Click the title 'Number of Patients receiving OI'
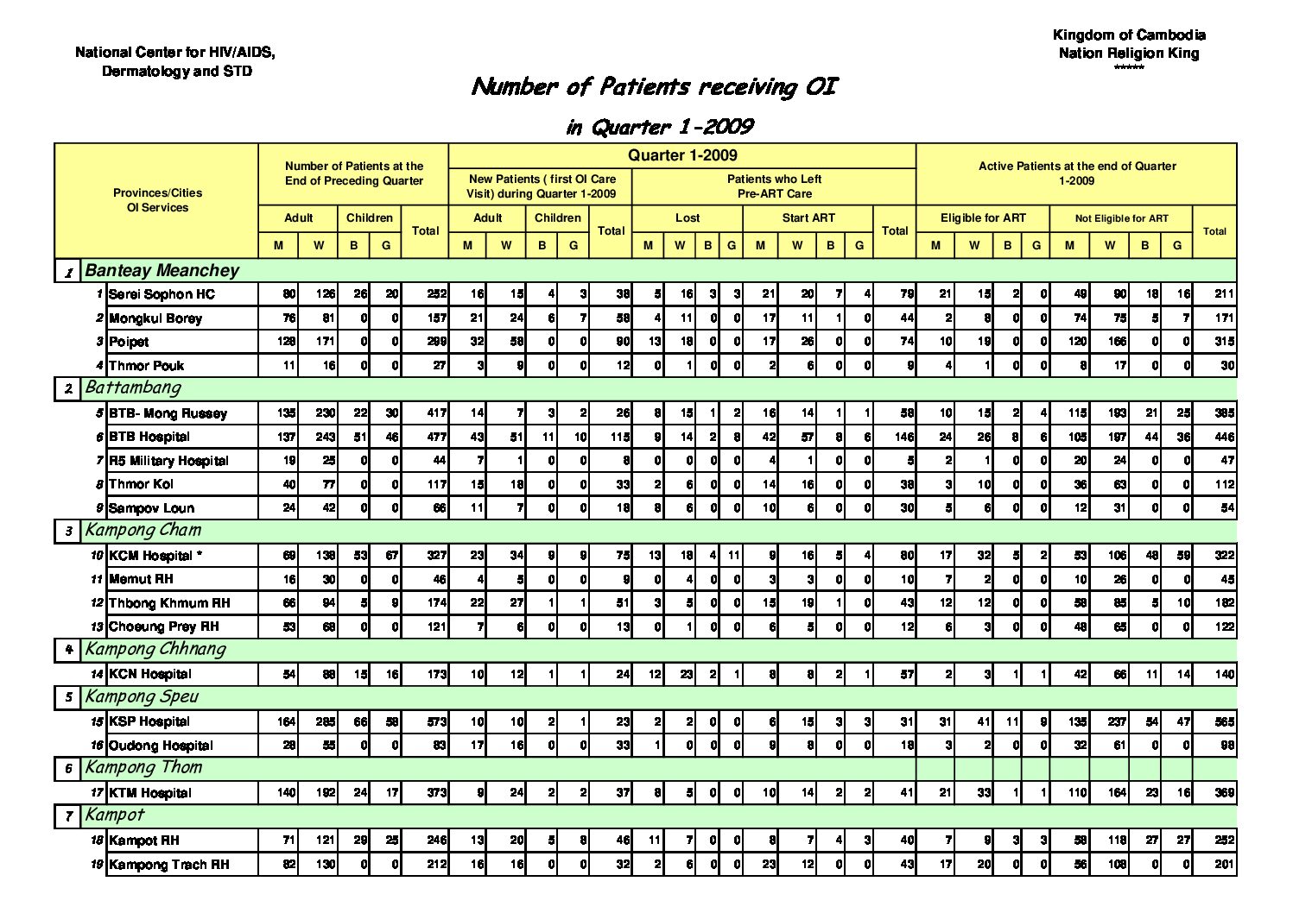[655, 87]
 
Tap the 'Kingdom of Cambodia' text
[1129, 35]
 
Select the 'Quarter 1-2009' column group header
[682, 155]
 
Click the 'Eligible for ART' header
[983, 218]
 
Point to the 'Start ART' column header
[808, 218]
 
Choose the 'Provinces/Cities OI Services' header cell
[157, 200]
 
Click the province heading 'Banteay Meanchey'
[162, 270]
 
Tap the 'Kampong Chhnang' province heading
[155, 649]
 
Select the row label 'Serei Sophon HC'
[162, 294]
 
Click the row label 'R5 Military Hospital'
[168, 461]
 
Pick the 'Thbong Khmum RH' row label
[170, 603]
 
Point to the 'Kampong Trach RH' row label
[169, 865]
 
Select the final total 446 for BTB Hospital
[1224, 437]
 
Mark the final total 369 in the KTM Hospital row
[1224, 792]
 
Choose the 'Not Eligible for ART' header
[1121, 218]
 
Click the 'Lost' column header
[688, 218]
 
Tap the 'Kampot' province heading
[115, 815]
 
